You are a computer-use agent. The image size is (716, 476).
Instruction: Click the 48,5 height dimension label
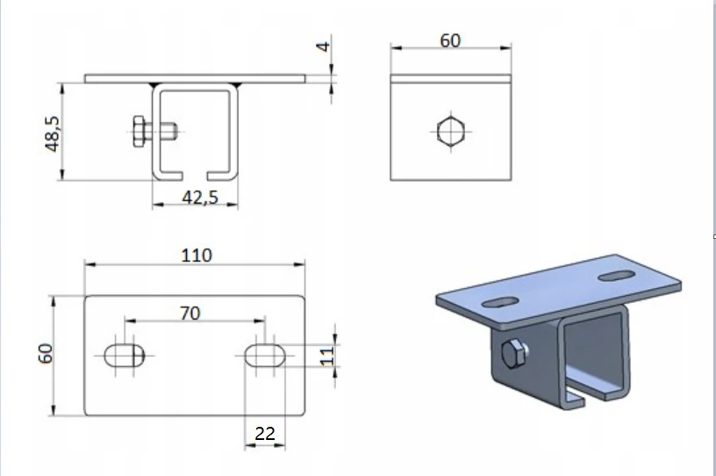tap(52, 133)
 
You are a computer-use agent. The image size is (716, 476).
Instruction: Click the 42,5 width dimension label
tap(199, 198)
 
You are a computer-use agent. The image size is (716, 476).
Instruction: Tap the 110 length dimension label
tap(196, 255)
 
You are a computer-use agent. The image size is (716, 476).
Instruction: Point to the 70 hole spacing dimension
tap(190, 313)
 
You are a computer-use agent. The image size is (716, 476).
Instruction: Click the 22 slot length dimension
tap(264, 433)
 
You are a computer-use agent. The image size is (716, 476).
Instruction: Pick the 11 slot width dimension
tap(328, 356)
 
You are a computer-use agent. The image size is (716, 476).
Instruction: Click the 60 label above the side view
tap(450, 40)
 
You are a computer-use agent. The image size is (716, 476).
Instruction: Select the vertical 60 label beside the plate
tap(47, 353)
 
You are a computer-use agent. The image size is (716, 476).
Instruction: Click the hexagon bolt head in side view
tap(450, 132)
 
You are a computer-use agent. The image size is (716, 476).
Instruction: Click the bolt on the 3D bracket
tap(512, 356)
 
